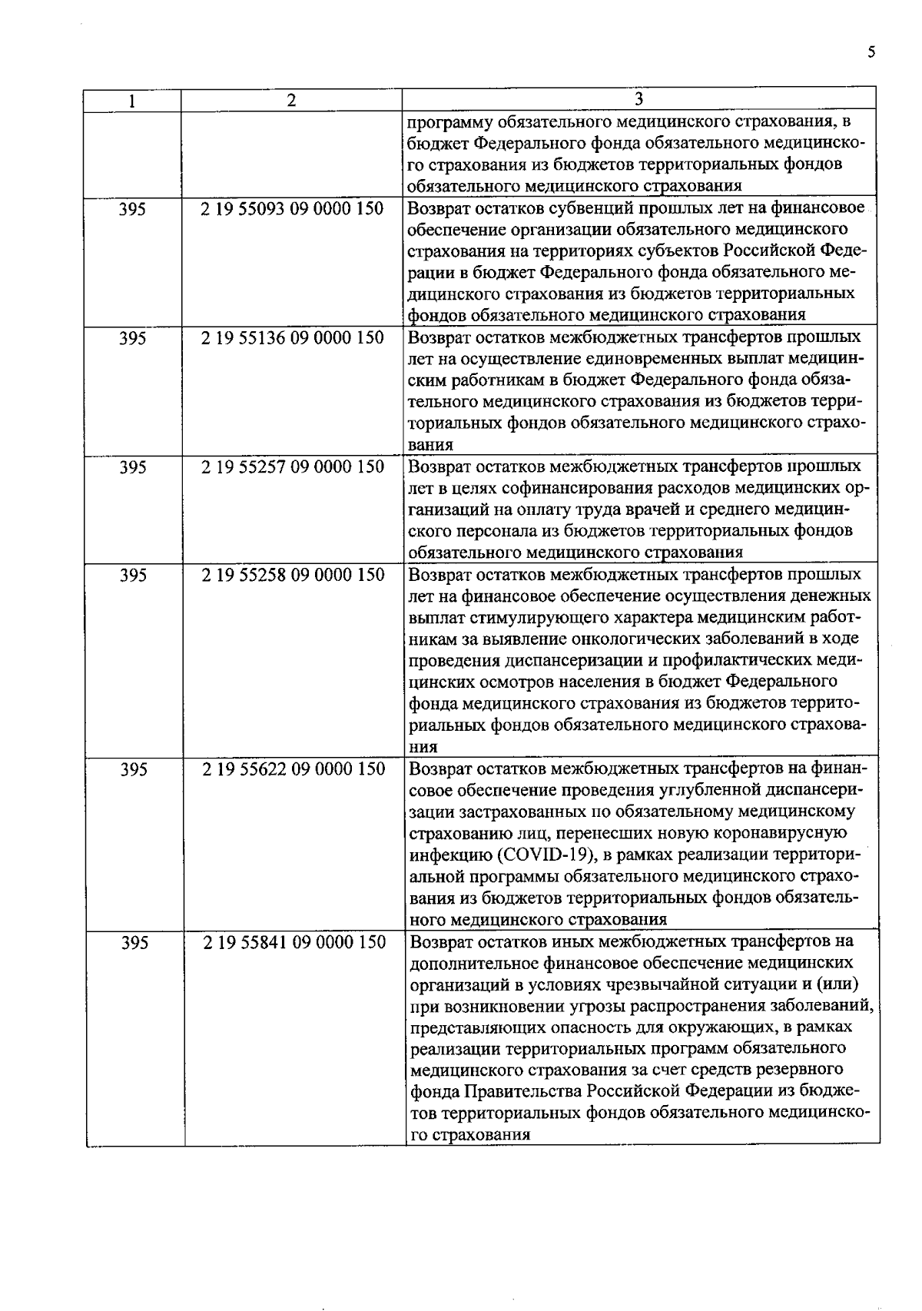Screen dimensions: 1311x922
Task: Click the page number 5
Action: tap(871, 52)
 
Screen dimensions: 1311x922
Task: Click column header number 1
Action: tap(133, 101)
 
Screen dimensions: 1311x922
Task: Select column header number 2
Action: tap(291, 101)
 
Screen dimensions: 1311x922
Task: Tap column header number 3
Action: tap(639, 99)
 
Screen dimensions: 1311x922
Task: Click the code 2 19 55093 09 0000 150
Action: tap(292, 208)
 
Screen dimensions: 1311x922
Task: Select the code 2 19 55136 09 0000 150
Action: tap(292, 337)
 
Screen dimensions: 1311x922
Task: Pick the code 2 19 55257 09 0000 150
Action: tap(292, 466)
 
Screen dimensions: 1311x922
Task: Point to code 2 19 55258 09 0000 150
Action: tap(293, 575)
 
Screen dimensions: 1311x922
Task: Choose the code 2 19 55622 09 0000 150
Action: tap(294, 768)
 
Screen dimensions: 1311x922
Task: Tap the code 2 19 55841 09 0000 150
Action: tap(294, 942)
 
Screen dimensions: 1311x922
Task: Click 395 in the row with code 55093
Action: tap(133, 209)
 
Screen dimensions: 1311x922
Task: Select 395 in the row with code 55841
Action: tap(134, 943)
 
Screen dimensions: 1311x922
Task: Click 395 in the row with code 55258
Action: tap(134, 575)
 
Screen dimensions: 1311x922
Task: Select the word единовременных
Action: tap(661, 358)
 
